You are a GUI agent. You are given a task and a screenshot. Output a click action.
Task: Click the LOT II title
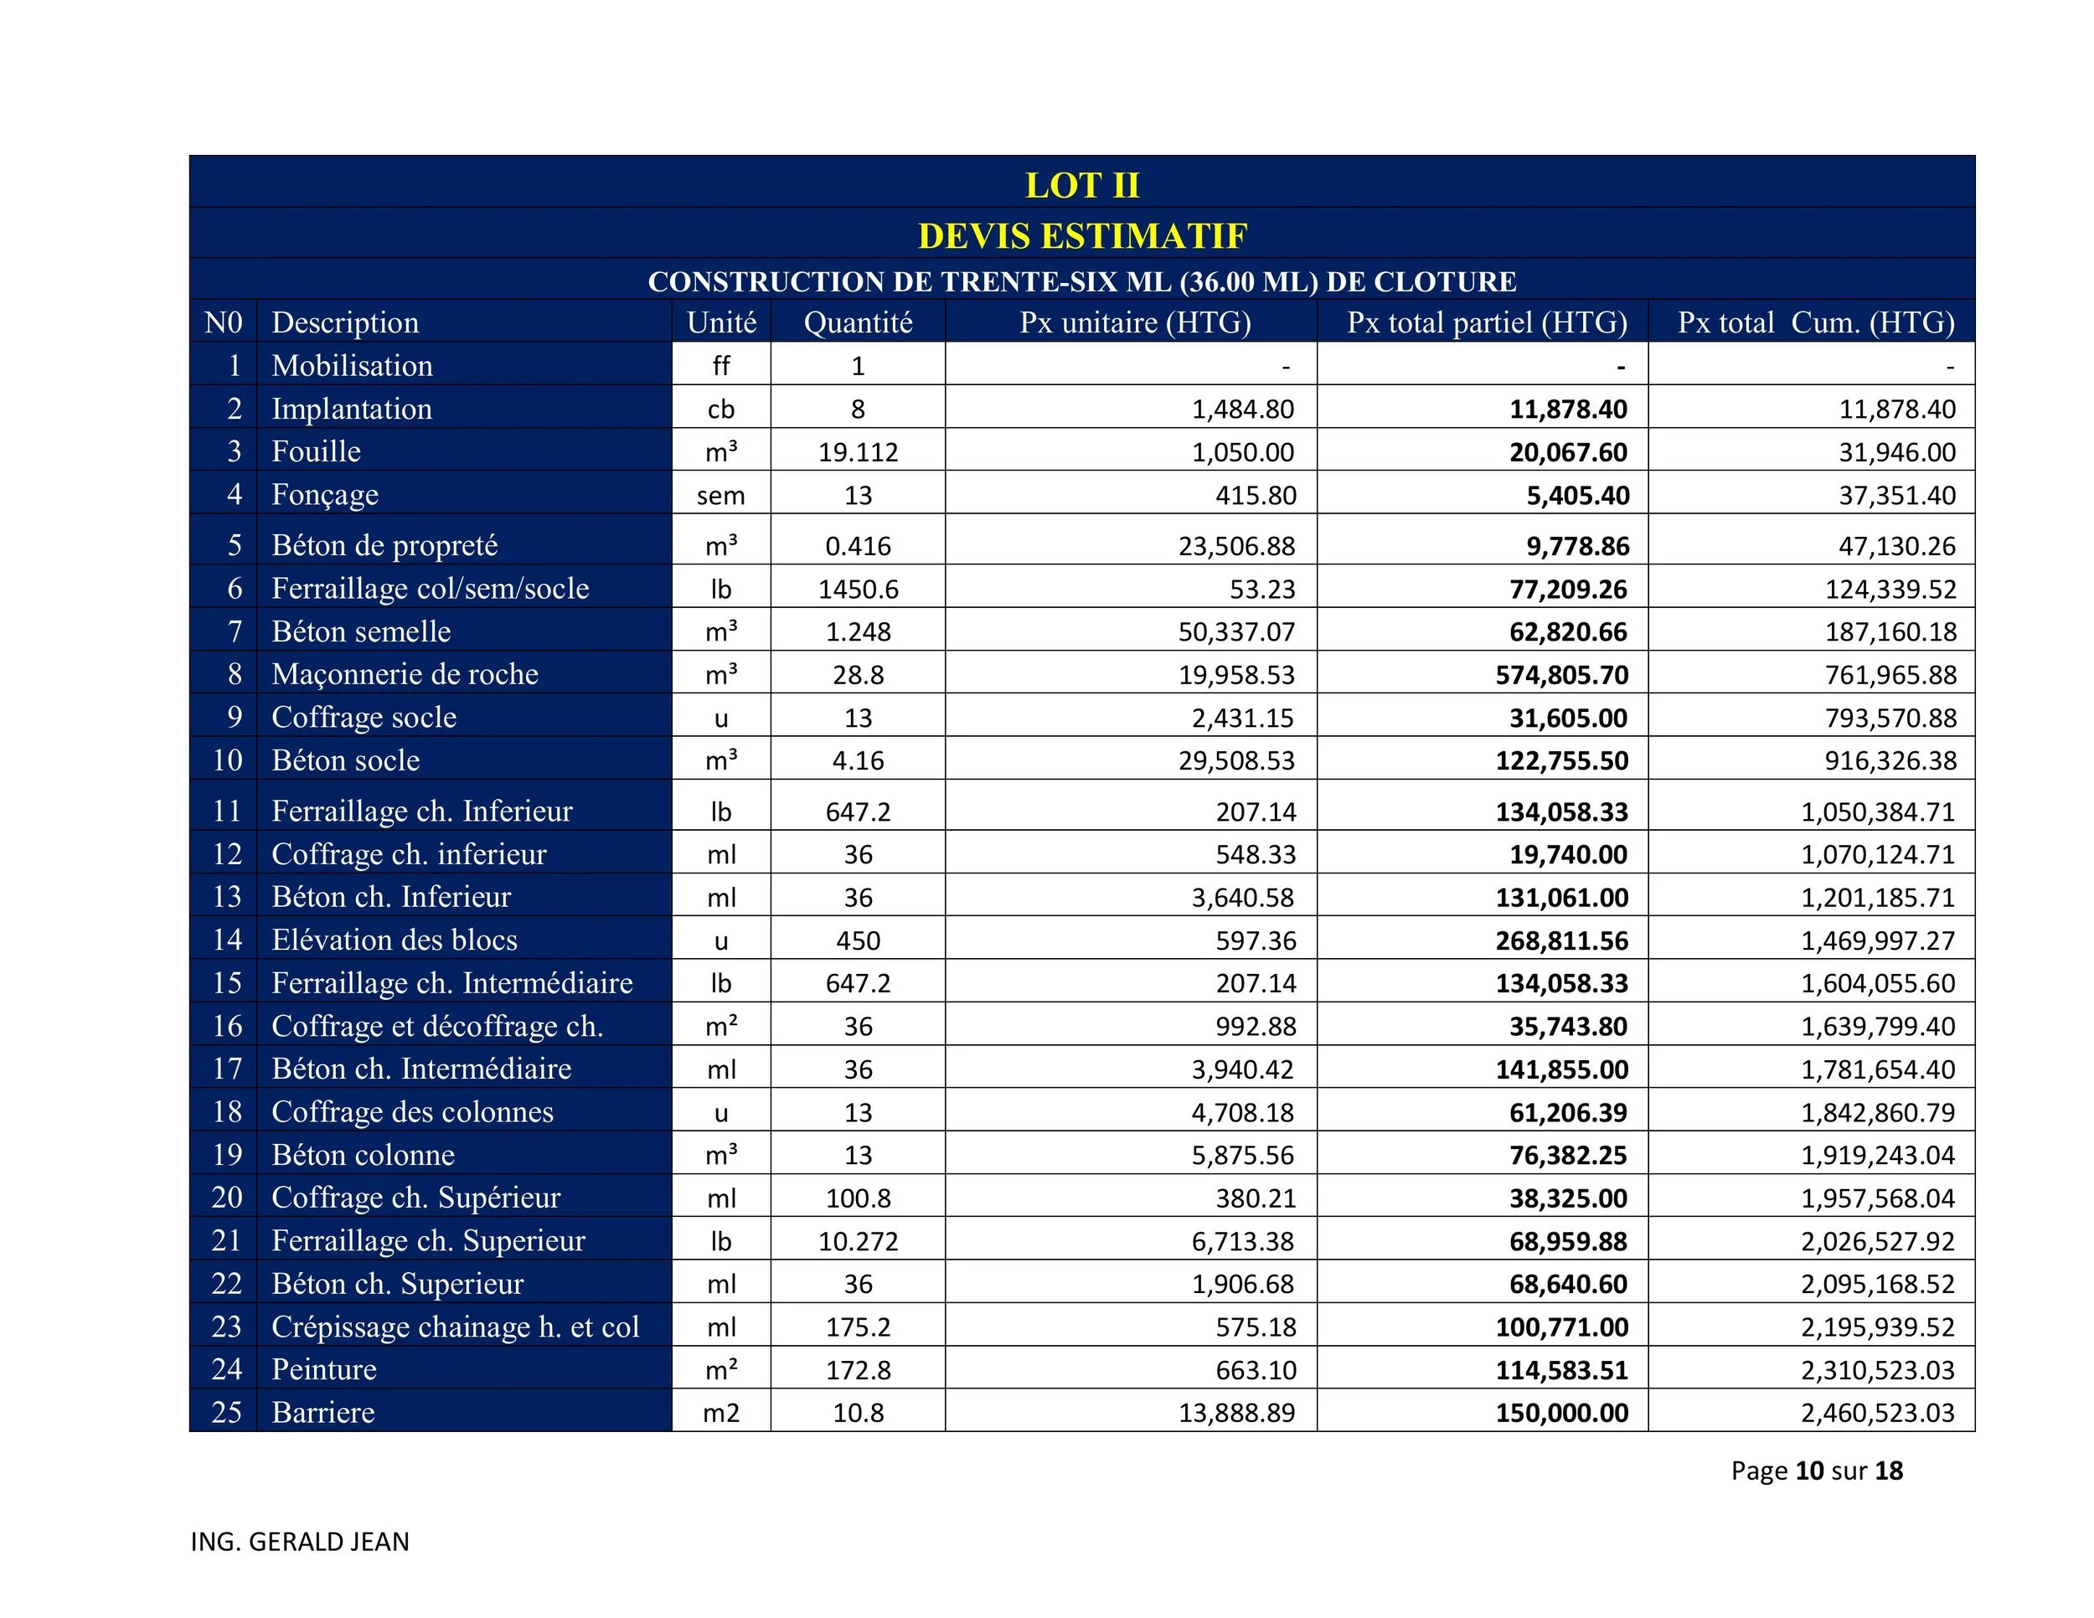[x=1081, y=185]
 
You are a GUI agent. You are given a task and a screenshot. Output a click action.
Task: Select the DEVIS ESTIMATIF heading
[x=1081, y=236]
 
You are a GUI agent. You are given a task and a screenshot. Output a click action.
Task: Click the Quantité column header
[x=857, y=322]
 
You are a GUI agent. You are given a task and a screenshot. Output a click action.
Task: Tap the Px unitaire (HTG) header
[x=1135, y=322]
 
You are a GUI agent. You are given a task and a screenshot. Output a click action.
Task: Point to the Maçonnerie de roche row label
[x=405, y=674]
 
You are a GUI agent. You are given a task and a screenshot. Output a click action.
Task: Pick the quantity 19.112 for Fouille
[x=857, y=452]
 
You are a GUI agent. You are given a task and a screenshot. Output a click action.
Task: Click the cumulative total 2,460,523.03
[x=1876, y=1413]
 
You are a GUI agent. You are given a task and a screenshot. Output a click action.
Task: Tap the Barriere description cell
[x=323, y=1412]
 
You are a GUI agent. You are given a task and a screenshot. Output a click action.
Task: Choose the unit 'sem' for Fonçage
[x=720, y=496]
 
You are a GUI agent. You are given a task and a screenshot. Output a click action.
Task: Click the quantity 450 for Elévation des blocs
[x=857, y=940]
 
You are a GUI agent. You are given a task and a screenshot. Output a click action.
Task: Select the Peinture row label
[x=324, y=1368]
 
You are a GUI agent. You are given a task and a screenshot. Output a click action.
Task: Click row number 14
[x=227, y=940]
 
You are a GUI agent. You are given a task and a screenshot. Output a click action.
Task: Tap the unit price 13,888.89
[x=1236, y=1413]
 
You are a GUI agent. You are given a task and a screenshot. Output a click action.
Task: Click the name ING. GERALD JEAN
[x=300, y=1541]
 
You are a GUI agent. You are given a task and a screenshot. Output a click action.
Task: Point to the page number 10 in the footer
[x=1809, y=1471]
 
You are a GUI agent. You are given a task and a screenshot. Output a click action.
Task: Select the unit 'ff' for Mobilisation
[x=720, y=366]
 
